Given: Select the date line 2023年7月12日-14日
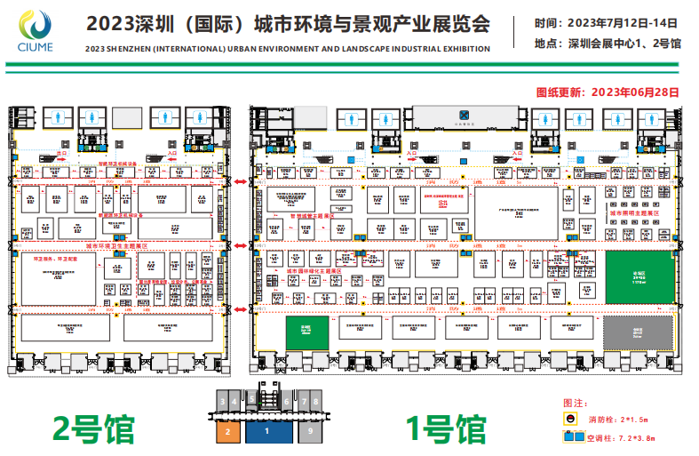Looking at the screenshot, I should tap(607, 24).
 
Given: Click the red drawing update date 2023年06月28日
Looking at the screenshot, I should tap(608, 91).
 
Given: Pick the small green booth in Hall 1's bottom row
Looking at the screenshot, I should tap(306, 331).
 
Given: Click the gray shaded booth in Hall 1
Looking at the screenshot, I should tap(637, 332).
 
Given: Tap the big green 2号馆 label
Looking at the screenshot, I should tap(94, 428).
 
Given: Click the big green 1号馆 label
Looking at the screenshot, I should tap(446, 428).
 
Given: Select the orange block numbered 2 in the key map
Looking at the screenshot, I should tap(228, 432).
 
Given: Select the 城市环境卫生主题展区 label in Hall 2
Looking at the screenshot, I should tap(115, 244).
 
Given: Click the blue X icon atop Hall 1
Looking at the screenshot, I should tap(463, 114).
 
